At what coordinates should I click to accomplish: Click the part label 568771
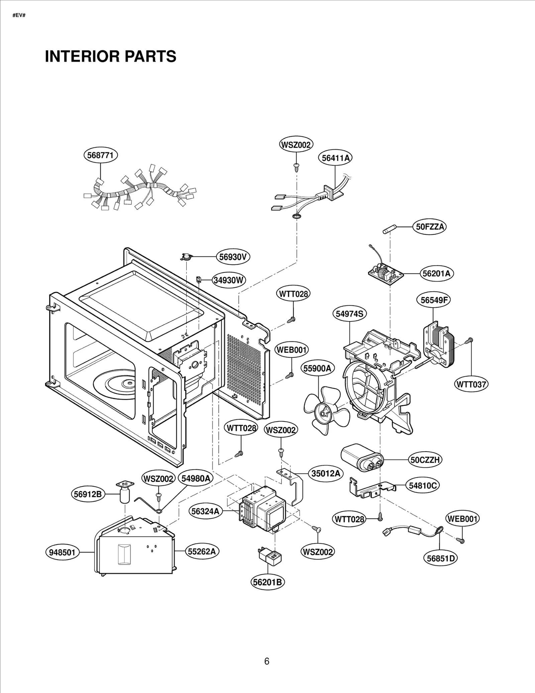coord(100,155)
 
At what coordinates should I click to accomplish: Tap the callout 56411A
coord(335,158)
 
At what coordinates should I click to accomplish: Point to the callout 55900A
coord(317,368)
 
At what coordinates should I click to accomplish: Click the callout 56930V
coord(233,257)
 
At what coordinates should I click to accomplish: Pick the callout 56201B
coord(267,582)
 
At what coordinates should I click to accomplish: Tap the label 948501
coord(62,552)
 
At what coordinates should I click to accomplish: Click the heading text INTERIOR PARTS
coord(110,56)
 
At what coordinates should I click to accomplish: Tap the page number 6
coord(266,661)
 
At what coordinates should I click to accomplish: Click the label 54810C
coord(423,485)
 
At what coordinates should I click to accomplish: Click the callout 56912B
coord(88,494)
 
